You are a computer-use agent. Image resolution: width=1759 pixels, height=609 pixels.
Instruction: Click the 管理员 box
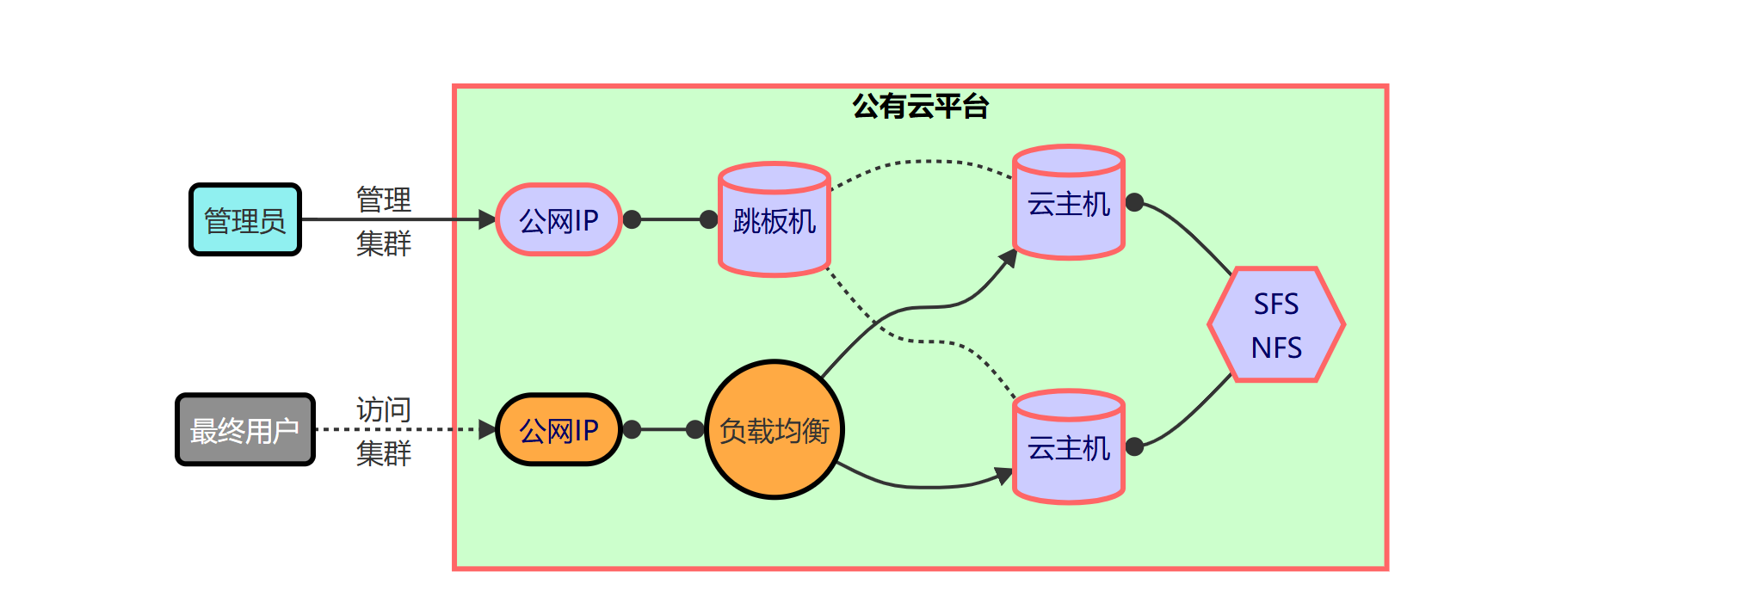click(x=245, y=220)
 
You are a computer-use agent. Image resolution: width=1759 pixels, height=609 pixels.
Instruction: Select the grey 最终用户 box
click(x=245, y=430)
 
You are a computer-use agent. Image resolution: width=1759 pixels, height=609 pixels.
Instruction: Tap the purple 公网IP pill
click(x=559, y=220)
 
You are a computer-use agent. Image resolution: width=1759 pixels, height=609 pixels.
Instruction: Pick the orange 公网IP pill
click(x=559, y=430)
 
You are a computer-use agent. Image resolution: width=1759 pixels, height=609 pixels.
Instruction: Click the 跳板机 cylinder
click(x=775, y=221)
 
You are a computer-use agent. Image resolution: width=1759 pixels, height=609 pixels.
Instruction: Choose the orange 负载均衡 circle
click(x=775, y=430)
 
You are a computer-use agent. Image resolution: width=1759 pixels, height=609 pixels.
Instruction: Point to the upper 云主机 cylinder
click(x=1069, y=204)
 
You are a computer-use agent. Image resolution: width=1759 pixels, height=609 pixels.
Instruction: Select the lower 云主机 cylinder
click(x=1069, y=448)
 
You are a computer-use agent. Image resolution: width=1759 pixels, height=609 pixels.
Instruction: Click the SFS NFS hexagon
click(x=1276, y=325)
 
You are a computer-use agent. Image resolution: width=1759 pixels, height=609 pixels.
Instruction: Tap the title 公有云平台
click(x=921, y=107)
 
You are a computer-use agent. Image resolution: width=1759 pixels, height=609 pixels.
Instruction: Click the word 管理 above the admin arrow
click(x=384, y=200)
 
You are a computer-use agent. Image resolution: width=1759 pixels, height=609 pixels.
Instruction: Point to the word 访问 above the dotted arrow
click(x=384, y=409)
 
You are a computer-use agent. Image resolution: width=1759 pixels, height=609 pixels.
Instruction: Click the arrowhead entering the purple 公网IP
click(x=488, y=220)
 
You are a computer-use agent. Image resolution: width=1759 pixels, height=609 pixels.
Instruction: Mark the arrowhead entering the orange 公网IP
click(x=488, y=429)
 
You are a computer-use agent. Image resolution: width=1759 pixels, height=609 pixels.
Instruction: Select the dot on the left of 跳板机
click(x=709, y=220)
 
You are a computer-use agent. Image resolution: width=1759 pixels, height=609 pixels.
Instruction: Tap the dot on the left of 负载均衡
click(x=695, y=429)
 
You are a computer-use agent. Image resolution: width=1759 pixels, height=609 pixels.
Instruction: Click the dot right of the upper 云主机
click(x=1135, y=203)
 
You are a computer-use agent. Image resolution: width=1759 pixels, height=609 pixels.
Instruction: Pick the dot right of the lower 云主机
click(x=1135, y=446)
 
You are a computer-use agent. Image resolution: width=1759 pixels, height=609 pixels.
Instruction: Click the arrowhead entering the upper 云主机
click(x=1009, y=258)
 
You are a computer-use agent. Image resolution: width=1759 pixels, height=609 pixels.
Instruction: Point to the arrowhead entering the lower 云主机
click(x=1004, y=475)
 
